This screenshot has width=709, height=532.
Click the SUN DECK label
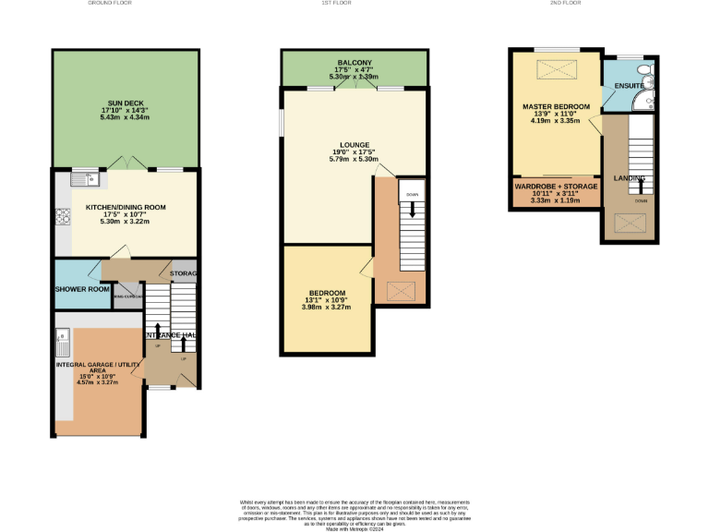coord(124,103)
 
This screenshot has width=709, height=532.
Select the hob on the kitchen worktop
coord(63,217)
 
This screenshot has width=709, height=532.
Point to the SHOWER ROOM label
coord(81,289)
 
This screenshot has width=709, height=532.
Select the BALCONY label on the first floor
coord(354,63)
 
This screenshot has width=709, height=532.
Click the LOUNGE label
coord(354,145)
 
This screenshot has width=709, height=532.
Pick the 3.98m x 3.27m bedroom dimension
coord(327,308)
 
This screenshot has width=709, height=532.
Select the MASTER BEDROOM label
coord(556,107)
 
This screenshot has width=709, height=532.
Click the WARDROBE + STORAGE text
coord(555,187)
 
